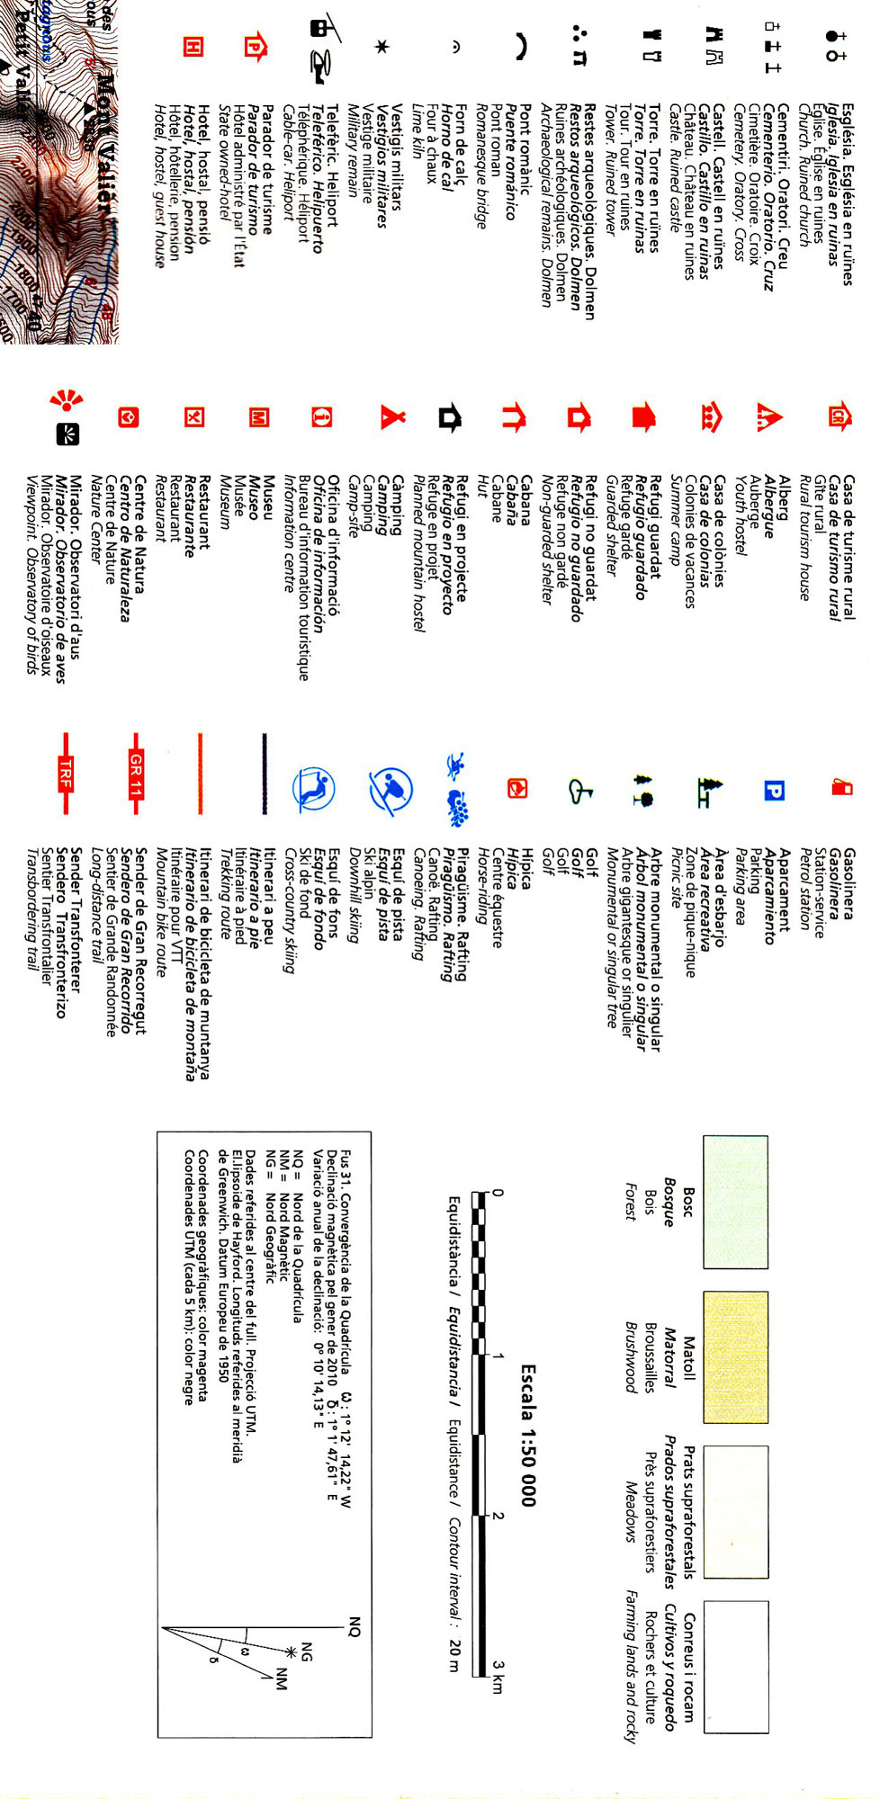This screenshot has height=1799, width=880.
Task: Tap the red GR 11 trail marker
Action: (x=136, y=774)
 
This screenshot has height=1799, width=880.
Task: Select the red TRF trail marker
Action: (x=66, y=774)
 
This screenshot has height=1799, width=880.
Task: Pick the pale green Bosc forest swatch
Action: (x=735, y=1202)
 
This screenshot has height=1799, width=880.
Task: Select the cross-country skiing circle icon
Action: (x=313, y=789)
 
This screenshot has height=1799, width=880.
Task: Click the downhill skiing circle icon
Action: (x=391, y=789)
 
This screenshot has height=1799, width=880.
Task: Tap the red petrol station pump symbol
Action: (x=841, y=787)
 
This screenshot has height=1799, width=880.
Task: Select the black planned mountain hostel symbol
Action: (x=450, y=417)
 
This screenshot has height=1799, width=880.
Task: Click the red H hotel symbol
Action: (x=193, y=47)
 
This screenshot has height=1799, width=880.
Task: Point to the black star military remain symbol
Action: (x=382, y=46)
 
